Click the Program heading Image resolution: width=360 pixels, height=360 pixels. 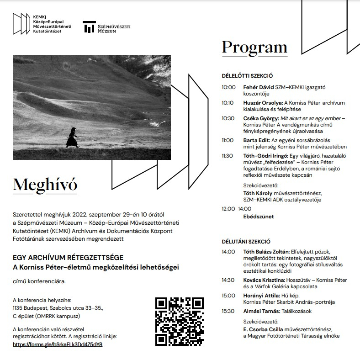[254, 47]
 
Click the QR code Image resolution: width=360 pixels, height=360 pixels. [179, 321]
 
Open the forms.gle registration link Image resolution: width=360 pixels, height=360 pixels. [58, 344]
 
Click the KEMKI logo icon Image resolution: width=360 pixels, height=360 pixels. [21, 24]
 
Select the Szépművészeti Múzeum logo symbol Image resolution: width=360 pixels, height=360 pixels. [89, 27]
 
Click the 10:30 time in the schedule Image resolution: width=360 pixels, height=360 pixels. [228, 118]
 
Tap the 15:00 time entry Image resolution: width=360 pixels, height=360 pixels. [228, 296]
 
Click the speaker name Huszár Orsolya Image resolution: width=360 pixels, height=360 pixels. [263, 103]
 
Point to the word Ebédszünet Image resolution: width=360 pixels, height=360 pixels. [259, 217]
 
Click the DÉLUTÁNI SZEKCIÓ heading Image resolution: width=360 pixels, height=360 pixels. [246, 241]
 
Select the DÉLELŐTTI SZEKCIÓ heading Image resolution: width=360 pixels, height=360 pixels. [247, 76]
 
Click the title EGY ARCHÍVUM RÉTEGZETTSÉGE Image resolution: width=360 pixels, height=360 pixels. [68, 258]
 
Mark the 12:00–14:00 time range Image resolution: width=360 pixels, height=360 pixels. [237, 208]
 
